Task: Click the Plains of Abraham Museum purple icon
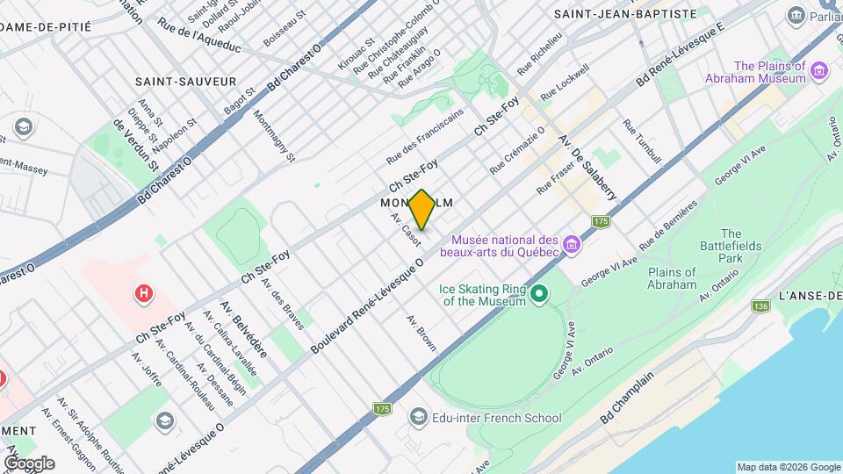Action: (x=820, y=69)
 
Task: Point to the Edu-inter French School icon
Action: (x=419, y=416)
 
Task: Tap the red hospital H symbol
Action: (x=141, y=292)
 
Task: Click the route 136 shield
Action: (x=760, y=305)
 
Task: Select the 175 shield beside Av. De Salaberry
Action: (x=601, y=221)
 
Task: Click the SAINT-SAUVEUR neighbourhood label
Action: (x=186, y=81)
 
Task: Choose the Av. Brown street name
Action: (x=421, y=333)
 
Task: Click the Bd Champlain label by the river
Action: (x=628, y=400)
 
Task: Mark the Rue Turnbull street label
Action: (x=642, y=141)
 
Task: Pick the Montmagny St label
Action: (x=275, y=137)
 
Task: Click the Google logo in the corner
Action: (x=29, y=463)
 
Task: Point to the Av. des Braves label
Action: (x=287, y=309)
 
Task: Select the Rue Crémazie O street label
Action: (x=518, y=148)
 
